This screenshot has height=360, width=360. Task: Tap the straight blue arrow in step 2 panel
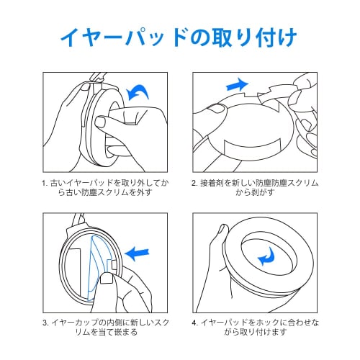[238, 84]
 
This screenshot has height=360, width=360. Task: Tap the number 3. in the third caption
[45, 323]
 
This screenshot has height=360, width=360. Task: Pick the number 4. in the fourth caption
[195, 323]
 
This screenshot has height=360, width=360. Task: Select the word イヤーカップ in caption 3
[72, 323]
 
